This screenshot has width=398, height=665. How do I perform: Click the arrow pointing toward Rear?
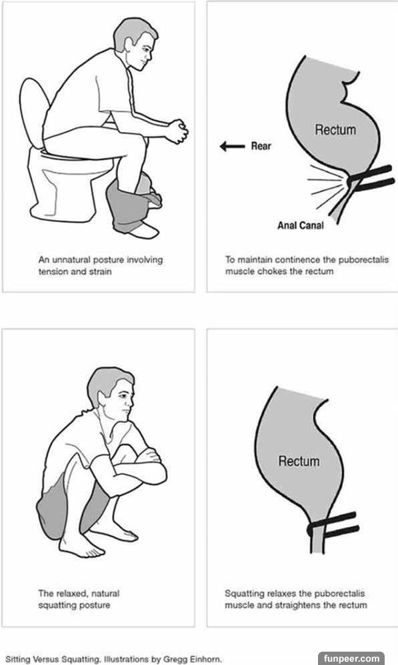[x=232, y=146]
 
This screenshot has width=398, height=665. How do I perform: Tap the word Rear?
[x=261, y=146]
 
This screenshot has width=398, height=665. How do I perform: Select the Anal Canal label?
[x=300, y=225]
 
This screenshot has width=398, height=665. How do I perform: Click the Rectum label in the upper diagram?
[x=335, y=130]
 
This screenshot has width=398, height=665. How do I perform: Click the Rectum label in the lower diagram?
[x=299, y=461]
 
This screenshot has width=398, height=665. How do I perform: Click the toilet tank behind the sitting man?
[x=34, y=111]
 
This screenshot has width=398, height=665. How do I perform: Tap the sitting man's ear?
[x=129, y=42]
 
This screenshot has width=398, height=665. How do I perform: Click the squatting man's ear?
[x=103, y=398]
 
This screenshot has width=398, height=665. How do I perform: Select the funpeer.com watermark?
[x=351, y=658]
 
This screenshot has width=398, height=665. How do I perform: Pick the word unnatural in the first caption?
[x=71, y=259]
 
